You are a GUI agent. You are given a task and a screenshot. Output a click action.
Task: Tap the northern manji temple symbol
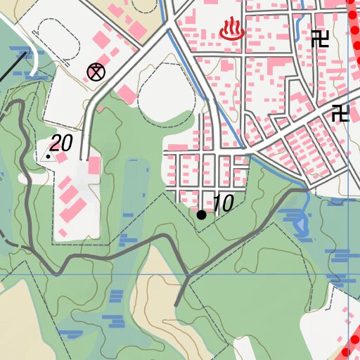click(x=320, y=39)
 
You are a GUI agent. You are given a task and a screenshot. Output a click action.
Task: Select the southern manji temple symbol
click(x=341, y=112)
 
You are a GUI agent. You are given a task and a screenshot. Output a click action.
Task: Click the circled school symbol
click(x=96, y=71)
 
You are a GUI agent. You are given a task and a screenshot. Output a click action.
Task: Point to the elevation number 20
click(x=61, y=143)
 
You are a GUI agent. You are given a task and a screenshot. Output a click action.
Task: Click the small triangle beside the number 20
click(x=48, y=155)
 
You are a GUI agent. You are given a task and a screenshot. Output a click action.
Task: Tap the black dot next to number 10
click(x=202, y=214)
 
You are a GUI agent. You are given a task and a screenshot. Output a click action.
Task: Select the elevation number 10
click(x=222, y=204)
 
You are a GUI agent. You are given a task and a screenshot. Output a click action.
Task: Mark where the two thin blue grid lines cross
click(x=349, y=274)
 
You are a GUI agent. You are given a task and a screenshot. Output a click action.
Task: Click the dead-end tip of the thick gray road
click(x=176, y=305)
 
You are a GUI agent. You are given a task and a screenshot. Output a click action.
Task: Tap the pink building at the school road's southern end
click(x=94, y=166)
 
